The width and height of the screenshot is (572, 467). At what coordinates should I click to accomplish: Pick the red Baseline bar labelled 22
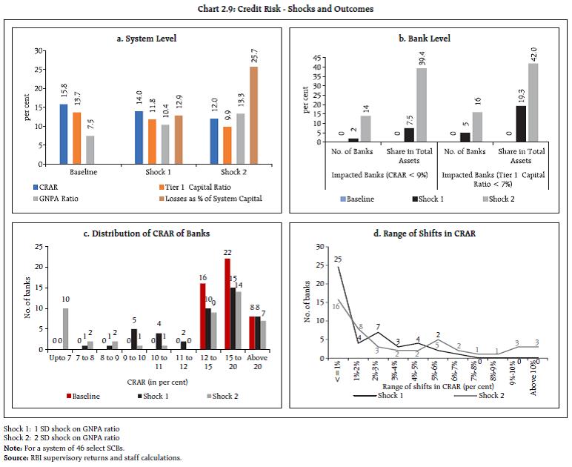227,304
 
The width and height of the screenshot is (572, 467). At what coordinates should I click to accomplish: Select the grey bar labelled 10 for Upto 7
64,328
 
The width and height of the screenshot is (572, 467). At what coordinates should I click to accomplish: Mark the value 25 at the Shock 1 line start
337,259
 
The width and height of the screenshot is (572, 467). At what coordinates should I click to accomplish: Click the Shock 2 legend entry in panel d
489,395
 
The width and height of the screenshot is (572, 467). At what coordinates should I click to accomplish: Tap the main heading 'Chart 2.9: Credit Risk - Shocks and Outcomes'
285,9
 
